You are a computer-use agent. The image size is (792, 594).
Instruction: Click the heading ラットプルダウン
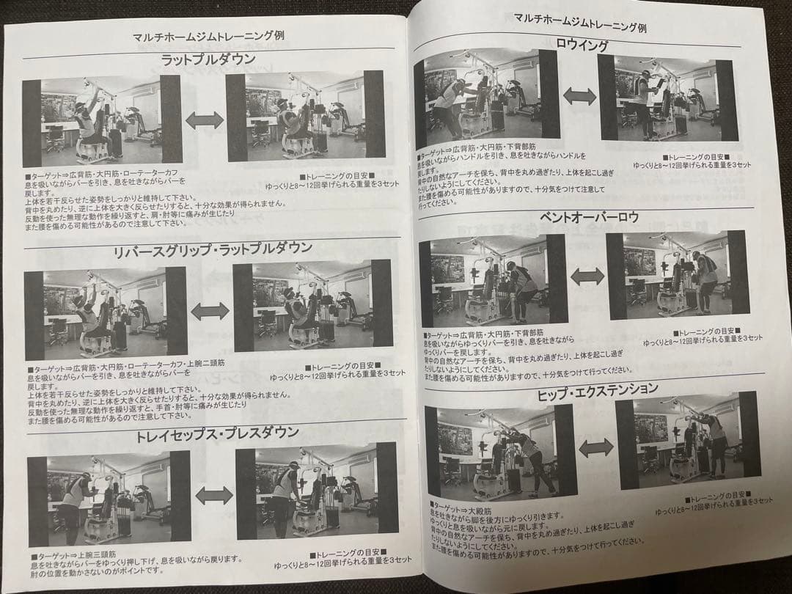coord(208,59)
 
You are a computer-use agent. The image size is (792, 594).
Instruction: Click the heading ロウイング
coord(584,45)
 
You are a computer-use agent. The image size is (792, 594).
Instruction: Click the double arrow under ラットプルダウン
coord(204,120)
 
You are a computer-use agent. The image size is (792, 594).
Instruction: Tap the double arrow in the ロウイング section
coord(580,96)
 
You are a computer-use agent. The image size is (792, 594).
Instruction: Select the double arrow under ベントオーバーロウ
coord(587,276)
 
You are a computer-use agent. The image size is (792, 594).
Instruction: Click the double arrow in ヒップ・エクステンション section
coord(595,447)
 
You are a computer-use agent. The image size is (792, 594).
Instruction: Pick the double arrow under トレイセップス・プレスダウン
coord(214,495)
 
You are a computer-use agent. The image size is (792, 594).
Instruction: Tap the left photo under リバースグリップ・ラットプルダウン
coord(106,314)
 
